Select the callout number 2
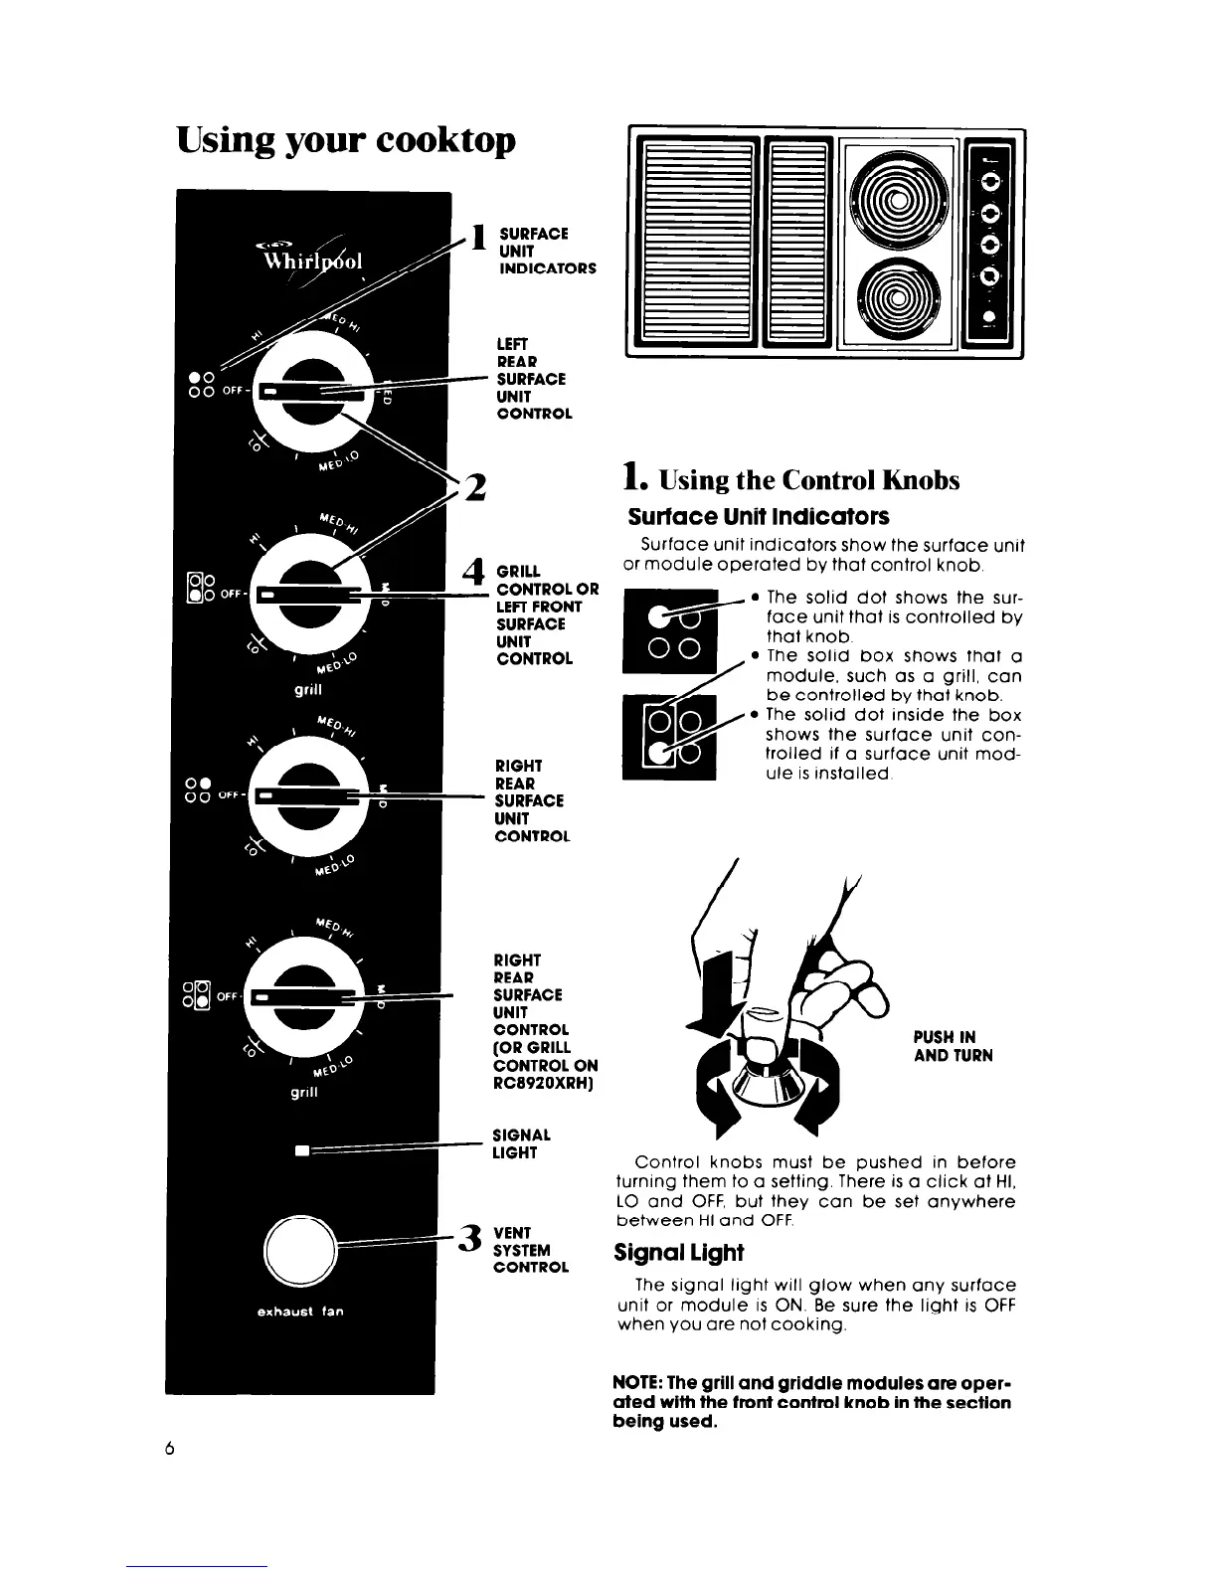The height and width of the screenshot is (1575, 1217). [475, 489]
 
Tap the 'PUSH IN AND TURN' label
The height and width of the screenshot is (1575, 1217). [953, 1046]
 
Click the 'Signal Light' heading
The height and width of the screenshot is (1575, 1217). [678, 1252]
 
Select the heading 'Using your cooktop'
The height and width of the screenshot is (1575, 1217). [346, 140]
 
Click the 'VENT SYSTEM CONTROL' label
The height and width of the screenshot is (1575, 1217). [531, 1250]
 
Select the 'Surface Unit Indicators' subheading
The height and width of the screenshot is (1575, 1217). [758, 517]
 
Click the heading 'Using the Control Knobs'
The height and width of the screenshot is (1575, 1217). [791, 480]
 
